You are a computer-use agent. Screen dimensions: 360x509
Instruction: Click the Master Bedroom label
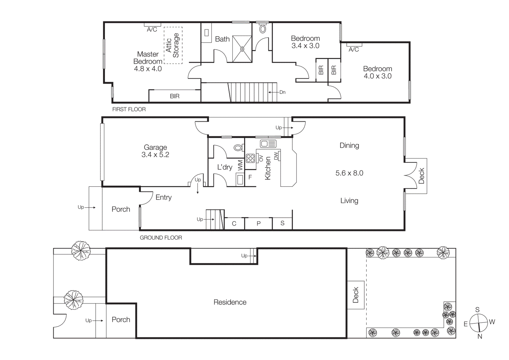(148, 58)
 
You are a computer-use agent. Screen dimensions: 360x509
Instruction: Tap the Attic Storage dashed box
(173, 45)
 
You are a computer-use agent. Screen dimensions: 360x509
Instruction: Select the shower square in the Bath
(242, 49)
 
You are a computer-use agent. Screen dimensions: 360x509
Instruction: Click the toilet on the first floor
(262, 29)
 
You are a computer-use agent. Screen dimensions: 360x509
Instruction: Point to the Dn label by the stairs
(282, 92)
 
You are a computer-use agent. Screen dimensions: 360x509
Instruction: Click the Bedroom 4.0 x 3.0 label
(378, 72)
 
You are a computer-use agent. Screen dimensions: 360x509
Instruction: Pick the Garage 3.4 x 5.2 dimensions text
(155, 155)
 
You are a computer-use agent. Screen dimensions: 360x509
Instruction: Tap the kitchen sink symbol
(268, 144)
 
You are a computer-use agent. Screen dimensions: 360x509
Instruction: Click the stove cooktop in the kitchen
(250, 158)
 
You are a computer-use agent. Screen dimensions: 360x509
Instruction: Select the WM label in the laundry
(240, 165)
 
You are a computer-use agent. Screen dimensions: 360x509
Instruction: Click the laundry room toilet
(238, 148)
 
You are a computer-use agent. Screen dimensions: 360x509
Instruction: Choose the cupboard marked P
(259, 223)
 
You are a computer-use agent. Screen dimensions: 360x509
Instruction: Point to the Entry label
(164, 197)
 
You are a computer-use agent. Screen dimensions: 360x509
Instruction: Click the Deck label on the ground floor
(421, 176)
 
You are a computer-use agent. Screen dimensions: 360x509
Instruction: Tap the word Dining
(349, 145)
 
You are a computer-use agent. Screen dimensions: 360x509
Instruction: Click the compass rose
(478, 322)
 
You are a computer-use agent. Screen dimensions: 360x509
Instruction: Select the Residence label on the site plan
(230, 302)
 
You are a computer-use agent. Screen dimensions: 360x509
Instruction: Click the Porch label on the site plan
(121, 320)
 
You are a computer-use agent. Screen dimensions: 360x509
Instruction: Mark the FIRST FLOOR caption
(129, 109)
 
